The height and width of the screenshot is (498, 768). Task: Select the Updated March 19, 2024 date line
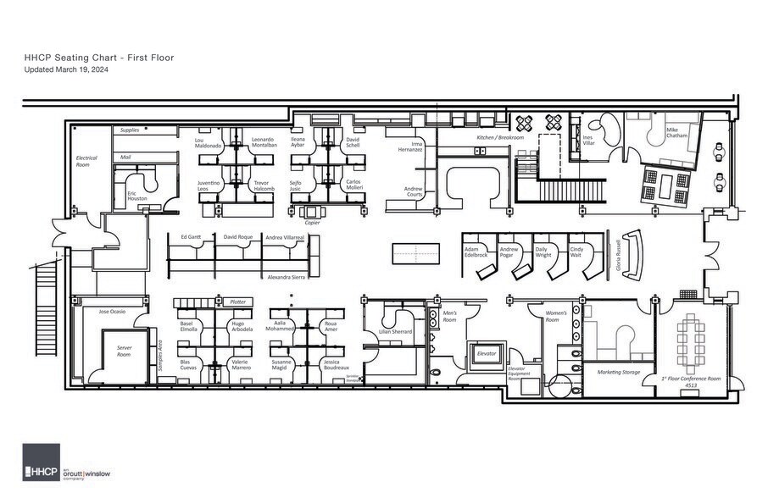[65, 69]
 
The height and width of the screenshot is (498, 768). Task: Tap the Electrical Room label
[86, 161]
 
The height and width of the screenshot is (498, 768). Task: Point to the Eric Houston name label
[137, 196]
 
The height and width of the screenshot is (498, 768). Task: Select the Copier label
[312, 223]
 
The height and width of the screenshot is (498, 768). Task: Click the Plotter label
[238, 302]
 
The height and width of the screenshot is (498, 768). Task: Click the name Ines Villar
[588, 141]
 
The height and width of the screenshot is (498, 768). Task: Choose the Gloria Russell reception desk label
[620, 253]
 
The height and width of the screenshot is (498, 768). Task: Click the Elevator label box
[486, 354]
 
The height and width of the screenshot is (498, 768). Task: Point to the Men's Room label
[451, 317]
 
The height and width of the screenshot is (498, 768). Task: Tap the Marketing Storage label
[618, 372]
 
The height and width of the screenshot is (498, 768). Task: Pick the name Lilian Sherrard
[394, 332]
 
